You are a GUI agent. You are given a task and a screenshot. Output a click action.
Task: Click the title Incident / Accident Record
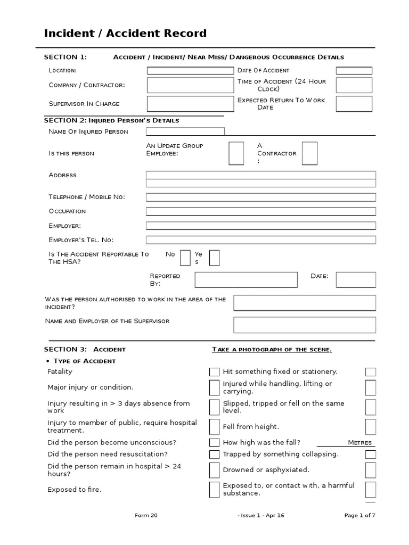click(x=125, y=34)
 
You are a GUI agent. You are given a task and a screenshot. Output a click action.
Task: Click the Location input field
click(x=190, y=70)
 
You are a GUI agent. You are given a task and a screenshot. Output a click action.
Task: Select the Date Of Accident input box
click(x=354, y=70)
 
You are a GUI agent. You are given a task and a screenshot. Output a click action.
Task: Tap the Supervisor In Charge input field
click(x=190, y=104)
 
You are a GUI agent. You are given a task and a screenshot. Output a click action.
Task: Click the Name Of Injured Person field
click(x=185, y=131)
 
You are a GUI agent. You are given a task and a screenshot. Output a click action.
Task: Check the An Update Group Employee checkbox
click(x=236, y=153)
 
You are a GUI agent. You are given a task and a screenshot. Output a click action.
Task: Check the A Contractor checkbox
click(x=309, y=153)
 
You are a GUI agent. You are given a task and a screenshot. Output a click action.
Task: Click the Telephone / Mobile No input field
click(x=260, y=197)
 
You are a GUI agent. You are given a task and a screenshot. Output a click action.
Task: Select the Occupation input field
click(x=260, y=211)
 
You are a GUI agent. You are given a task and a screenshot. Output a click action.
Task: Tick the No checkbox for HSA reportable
click(x=185, y=258)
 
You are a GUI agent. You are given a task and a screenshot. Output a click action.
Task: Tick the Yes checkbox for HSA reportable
click(x=214, y=258)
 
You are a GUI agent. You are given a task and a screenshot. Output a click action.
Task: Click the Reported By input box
click(x=246, y=279)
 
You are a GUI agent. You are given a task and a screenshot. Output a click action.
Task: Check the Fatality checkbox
click(x=214, y=372)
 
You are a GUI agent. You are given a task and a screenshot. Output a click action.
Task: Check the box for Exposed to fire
click(x=214, y=489)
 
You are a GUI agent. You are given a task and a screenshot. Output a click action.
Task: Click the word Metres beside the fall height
click(x=361, y=443)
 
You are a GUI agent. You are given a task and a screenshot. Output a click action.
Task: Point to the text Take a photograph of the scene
click(x=272, y=350)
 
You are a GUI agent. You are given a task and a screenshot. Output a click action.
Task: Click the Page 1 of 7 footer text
click(x=360, y=515)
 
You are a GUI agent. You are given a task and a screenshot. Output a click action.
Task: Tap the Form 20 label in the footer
click(x=146, y=515)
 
